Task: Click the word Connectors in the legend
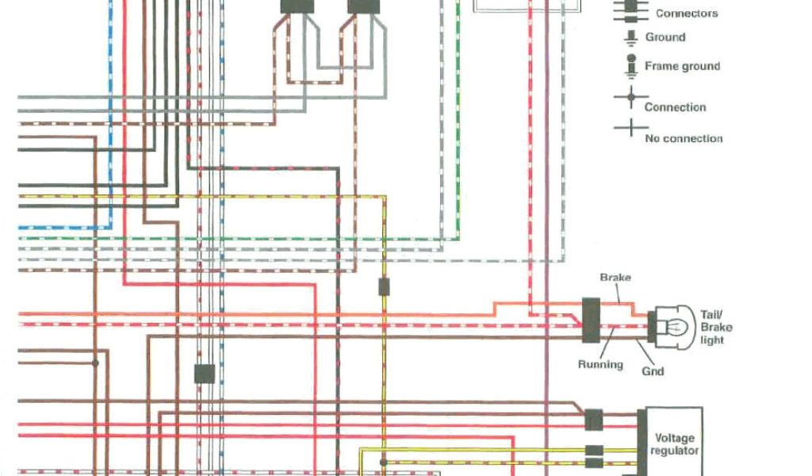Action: [x=687, y=13]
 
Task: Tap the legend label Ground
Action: [x=665, y=37]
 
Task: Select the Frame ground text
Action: [x=682, y=67]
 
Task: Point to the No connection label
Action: [x=684, y=139]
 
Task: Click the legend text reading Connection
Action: [x=675, y=107]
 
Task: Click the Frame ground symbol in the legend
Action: [x=631, y=66]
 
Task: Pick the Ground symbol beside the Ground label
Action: [x=631, y=37]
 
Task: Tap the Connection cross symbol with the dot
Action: [x=630, y=98]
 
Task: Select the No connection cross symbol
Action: [x=630, y=129]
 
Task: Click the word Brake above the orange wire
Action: [x=615, y=278]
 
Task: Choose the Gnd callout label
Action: [x=653, y=370]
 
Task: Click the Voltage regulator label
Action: [x=674, y=444]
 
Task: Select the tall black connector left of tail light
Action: [x=590, y=320]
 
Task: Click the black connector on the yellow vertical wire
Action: [x=383, y=286]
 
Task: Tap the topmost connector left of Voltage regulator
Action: [x=593, y=418]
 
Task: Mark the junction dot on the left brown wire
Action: [x=95, y=363]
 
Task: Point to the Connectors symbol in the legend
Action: [x=631, y=10]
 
